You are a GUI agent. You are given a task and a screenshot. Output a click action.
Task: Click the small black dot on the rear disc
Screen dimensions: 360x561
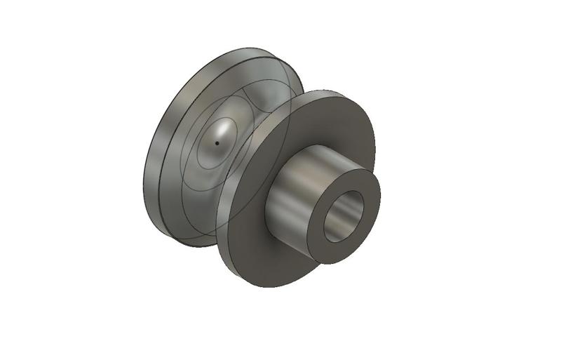(217, 143)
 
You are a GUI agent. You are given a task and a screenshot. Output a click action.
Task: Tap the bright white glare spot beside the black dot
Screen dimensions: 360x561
(223, 130)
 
